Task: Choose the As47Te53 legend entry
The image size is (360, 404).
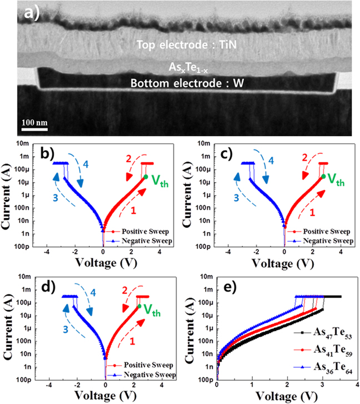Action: (324, 335)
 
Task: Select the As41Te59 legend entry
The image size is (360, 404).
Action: (324, 351)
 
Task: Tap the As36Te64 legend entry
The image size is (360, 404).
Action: (324, 367)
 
